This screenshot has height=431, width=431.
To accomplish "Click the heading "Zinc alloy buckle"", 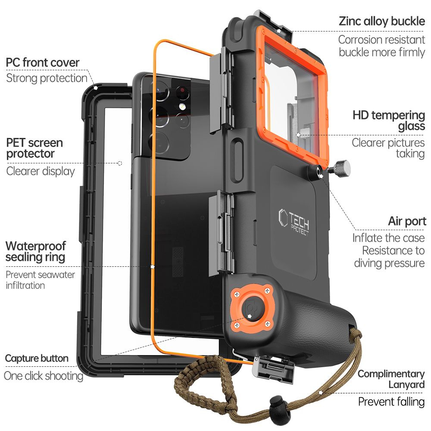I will (x=382, y=21).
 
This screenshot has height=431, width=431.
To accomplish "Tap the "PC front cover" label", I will (x=43, y=62).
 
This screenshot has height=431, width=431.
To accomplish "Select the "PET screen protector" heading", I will (x=34, y=148).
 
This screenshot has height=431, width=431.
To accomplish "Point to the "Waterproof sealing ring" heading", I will (x=36, y=252).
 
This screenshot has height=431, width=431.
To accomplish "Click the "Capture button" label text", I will (x=37, y=358).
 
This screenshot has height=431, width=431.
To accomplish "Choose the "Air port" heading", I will (x=407, y=222).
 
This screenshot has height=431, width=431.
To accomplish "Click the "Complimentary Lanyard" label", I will (x=391, y=379).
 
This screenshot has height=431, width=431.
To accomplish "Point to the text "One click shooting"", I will (x=44, y=375).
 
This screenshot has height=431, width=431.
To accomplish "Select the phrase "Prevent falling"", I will (x=391, y=402).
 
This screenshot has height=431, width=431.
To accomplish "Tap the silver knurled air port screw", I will (x=340, y=167).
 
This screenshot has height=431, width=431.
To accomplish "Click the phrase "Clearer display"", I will (x=41, y=171).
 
